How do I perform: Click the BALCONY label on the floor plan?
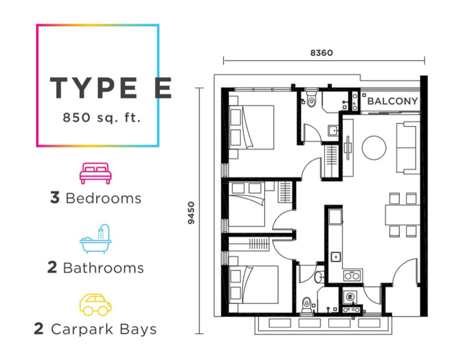pyautogui.click(x=392, y=101)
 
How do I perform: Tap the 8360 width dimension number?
pyautogui.click(x=322, y=53)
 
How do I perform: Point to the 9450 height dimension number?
pyautogui.click(x=191, y=213)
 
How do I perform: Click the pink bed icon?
pyautogui.click(x=96, y=174)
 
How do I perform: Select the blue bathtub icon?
pyautogui.click(x=96, y=239)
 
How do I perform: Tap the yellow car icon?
pyautogui.click(x=95, y=305)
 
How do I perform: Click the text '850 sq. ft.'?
pyautogui.click(x=102, y=117)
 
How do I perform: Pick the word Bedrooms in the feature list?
pyautogui.click(x=103, y=198)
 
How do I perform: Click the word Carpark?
pyautogui.click(x=82, y=329)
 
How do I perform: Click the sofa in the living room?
pyautogui.click(x=408, y=147)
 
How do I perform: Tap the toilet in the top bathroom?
pyautogui.click(x=311, y=99)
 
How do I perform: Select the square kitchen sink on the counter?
pyautogui.click(x=336, y=257)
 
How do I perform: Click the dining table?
pyautogui.click(x=402, y=215)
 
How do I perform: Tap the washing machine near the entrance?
pyautogui.click(x=350, y=296)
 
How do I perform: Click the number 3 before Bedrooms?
pyautogui.click(x=55, y=198)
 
